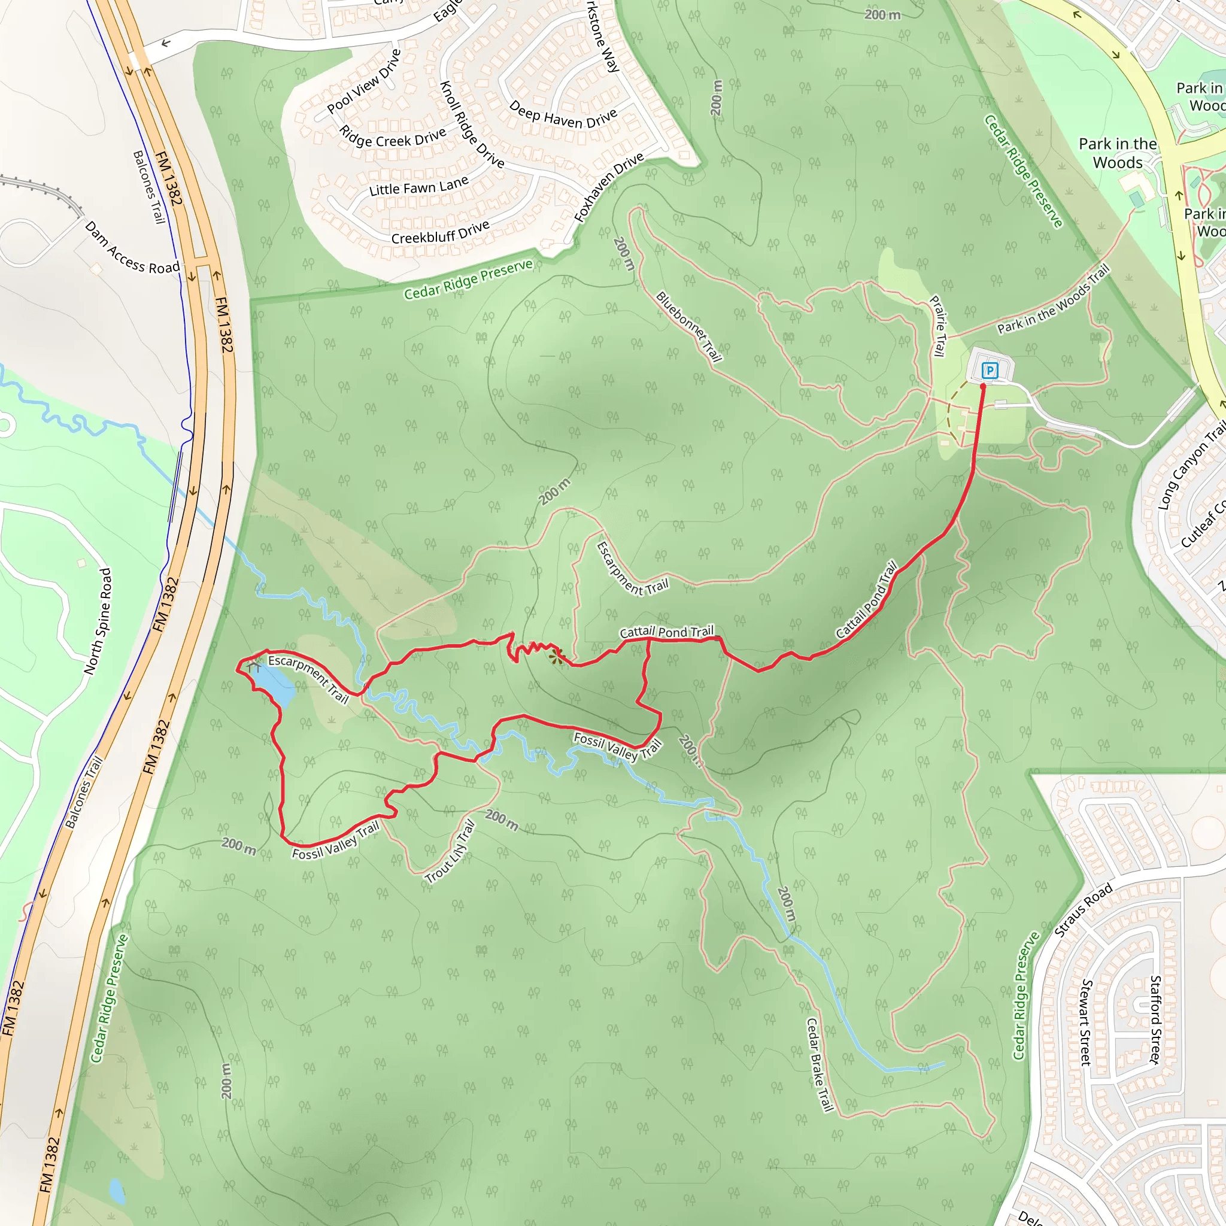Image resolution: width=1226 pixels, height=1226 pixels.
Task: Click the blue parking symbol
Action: point(989,370)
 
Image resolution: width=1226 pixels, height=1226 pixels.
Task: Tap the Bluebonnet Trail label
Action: point(688,326)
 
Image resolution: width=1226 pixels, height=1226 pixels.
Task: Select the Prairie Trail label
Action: point(938,326)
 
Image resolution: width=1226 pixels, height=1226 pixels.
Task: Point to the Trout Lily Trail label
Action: point(450,852)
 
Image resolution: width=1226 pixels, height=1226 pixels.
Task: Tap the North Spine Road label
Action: point(98,621)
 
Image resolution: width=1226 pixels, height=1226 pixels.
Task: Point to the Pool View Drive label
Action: point(364,81)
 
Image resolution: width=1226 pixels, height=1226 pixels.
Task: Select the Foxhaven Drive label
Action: point(609,188)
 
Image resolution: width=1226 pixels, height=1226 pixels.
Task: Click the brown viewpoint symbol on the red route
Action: point(557,656)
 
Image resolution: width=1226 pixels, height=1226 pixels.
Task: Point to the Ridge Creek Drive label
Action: point(392,137)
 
